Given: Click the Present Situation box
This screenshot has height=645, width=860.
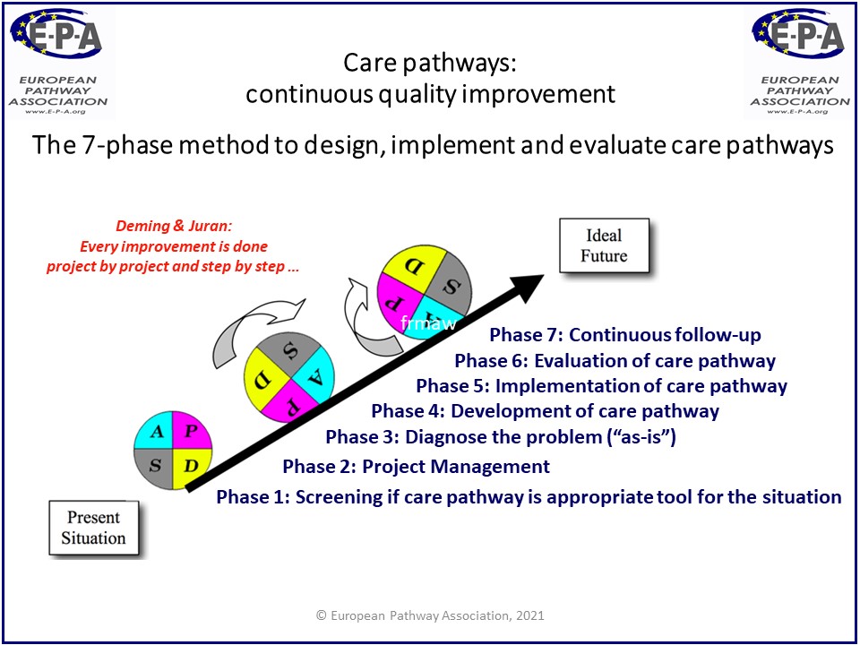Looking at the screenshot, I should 93,528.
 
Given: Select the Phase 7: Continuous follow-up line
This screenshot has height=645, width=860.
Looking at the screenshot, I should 624,335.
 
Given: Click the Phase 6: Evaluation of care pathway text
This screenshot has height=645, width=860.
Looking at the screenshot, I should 615,361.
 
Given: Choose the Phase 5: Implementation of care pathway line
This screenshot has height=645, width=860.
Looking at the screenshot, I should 601,386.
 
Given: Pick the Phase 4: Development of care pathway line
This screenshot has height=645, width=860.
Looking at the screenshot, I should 545,411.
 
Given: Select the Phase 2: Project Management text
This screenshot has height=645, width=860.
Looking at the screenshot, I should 416,466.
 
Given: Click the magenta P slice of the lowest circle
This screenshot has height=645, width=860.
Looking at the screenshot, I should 193,431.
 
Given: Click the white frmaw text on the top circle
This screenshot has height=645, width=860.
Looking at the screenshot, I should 429,323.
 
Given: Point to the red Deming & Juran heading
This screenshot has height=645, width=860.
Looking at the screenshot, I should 157,227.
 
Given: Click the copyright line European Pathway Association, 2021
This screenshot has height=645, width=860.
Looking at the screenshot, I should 429,615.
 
